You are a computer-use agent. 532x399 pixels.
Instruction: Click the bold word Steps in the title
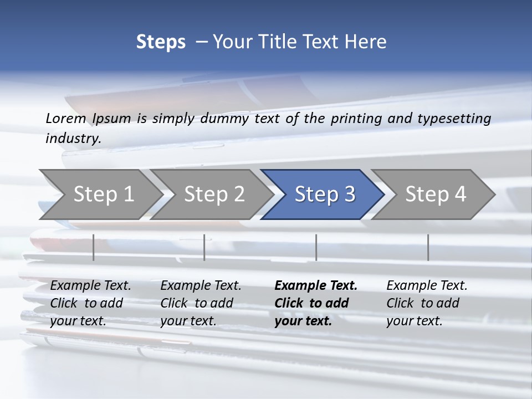161,42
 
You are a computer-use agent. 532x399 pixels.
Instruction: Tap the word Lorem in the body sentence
66,118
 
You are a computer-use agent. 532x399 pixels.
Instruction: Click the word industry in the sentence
73,139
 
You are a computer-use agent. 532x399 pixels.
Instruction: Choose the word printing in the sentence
354,119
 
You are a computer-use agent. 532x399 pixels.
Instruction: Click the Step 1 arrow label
104,194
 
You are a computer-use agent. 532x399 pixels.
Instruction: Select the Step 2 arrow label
214,194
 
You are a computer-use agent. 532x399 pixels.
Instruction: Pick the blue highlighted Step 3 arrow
324,194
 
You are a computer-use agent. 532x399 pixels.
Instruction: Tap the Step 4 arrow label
436,194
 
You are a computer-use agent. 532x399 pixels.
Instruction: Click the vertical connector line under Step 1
94,247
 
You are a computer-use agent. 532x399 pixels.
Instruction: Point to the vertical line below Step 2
204,247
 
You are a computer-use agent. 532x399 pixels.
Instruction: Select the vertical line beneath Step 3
316,247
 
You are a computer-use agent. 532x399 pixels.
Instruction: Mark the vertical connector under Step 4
428,247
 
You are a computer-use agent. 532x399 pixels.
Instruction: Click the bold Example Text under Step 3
316,285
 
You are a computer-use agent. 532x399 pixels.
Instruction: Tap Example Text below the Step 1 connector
90,285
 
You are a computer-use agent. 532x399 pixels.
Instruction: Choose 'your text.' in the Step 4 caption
414,321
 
